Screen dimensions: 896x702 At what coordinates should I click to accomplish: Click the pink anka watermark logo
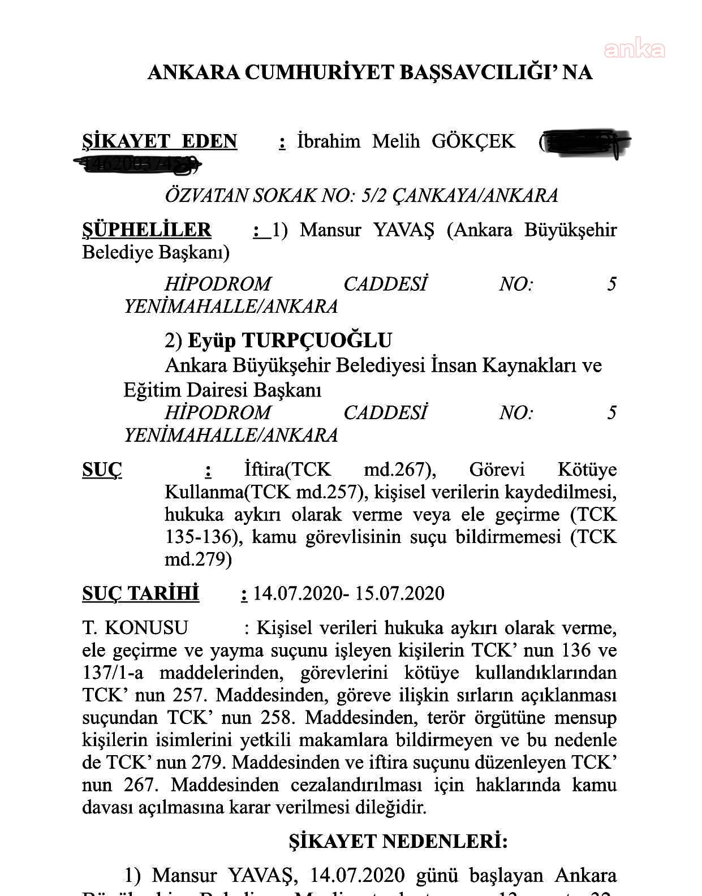(634, 50)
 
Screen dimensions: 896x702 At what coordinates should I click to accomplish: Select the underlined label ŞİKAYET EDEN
(160, 141)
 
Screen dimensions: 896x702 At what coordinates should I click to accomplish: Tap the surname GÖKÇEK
(473, 141)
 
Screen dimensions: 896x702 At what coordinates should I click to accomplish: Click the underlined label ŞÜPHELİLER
(147, 230)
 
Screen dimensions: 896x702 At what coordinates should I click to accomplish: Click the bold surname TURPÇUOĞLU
(316, 341)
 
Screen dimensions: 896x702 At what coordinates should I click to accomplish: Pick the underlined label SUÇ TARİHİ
(141, 594)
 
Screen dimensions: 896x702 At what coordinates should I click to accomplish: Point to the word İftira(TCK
(288, 470)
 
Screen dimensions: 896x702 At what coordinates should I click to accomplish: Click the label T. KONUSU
(135, 628)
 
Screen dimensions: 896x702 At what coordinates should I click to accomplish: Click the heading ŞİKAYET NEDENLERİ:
(398, 842)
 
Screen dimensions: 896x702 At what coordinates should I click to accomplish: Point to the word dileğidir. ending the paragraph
(390, 807)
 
